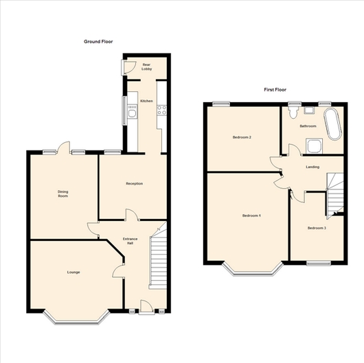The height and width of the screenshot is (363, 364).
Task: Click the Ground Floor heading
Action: point(98,42)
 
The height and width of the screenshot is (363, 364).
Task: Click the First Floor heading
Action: point(275,89)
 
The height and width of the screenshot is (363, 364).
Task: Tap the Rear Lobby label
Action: point(147,67)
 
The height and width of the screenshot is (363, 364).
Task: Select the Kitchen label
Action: point(147,101)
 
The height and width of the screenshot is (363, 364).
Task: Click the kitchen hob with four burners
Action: point(162,110)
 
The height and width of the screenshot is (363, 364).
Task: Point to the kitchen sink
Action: point(133,114)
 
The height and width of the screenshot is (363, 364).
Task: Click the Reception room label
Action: point(135,183)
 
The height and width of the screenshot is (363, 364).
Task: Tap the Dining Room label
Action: point(63,194)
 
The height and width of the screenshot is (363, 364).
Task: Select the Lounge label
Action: point(73,272)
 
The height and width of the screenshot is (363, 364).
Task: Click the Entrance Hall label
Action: point(130,241)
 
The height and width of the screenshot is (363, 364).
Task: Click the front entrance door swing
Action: point(147,306)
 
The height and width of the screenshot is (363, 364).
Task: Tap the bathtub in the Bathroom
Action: point(333,124)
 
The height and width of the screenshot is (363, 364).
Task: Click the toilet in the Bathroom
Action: point(293,113)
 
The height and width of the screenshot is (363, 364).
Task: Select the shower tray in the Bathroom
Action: point(315,146)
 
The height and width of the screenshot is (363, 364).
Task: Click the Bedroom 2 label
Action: point(242,137)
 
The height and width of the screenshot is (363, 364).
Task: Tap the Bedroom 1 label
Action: point(251,215)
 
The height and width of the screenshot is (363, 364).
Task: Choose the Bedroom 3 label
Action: point(317,228)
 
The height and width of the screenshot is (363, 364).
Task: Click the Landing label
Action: point(312,167)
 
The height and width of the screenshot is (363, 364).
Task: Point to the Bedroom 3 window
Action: point(319,263)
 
